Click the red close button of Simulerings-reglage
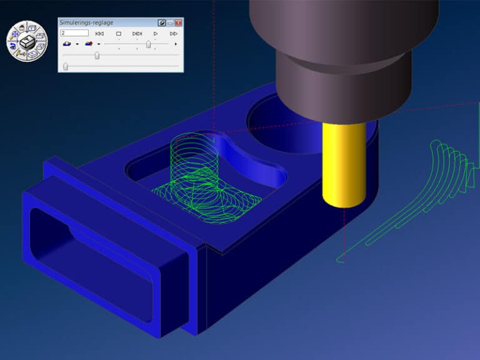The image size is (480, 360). click(179, 22)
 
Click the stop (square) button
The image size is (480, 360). click(119, 33)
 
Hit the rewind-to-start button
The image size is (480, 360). click(99, 33)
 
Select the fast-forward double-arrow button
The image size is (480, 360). click(174, 33)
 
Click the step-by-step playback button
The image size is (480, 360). click(137, 33)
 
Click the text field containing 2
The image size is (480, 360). click(74, 33)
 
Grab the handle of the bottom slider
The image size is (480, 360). click(66, 66)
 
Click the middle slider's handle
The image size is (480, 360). click(97, 55)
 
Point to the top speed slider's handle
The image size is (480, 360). click(149, 44)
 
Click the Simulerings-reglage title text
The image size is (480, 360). click(86, 22)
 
